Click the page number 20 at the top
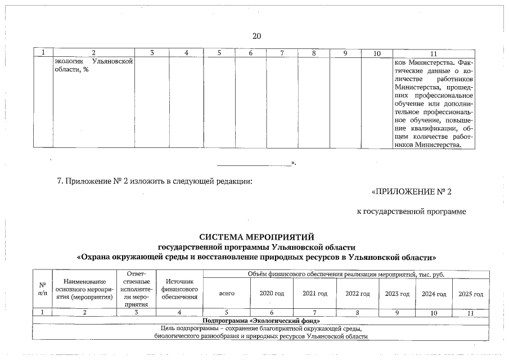click(256, 37)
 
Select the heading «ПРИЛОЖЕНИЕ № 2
click(412, 192)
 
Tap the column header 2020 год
click(272, 294)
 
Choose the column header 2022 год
click(358, 294)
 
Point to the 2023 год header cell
click(397, 294)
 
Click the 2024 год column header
click(434, 294)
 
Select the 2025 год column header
click(471, 294)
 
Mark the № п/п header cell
click(42, 289)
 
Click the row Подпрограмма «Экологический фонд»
click(256, 321)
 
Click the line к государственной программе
click(412, 211)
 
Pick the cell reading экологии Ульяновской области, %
click(93, 66)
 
